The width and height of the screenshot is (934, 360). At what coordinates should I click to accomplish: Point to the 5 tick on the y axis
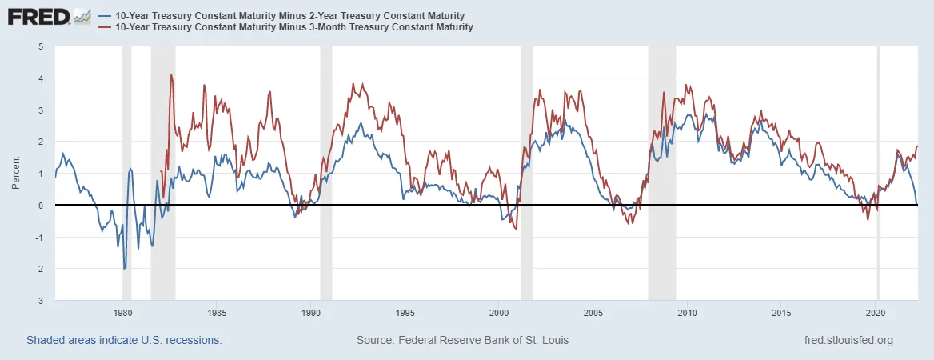pos(41,46)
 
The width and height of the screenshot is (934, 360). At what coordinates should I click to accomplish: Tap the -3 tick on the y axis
pos(39,301)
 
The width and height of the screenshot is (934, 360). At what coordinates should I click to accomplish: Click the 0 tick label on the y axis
pos(41,206)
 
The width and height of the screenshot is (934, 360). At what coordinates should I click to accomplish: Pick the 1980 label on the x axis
pos(122,314)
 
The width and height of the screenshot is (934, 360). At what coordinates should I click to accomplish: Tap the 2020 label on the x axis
pos(876,314)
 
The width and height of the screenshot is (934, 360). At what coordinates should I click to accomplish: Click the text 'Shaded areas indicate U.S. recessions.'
pos(124,340)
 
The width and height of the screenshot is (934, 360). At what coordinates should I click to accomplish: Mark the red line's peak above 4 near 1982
pos(171,75)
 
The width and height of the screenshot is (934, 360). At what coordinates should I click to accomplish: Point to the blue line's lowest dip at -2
pos(125,268)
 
